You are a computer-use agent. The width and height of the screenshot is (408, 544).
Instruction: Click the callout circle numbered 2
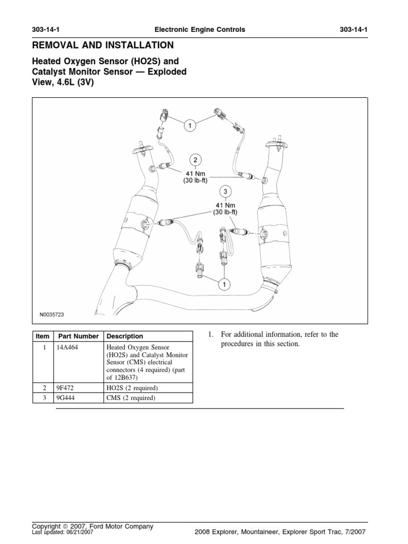click(x=195, y=160)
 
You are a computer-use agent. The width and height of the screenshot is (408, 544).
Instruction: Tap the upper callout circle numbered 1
click(x=190, y=125)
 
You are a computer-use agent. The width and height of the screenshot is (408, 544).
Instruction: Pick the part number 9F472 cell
click(x=67, y=388)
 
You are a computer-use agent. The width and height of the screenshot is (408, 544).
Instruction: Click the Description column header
click(x=125, y=336)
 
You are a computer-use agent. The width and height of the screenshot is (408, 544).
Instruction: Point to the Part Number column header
click(x=78, y=336)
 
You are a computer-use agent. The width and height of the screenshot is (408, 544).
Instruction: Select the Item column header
click(x=42, y=336)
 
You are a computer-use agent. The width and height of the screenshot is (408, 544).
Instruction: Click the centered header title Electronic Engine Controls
click(x=204, y=30)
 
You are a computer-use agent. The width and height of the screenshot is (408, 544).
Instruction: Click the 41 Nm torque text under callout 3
click(x=225, y=205)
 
